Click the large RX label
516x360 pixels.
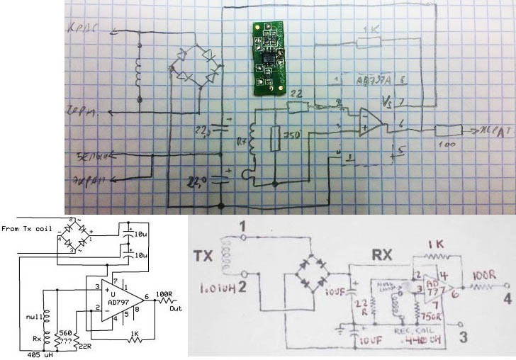(383, 250)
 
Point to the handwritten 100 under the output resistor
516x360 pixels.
(446, 144)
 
